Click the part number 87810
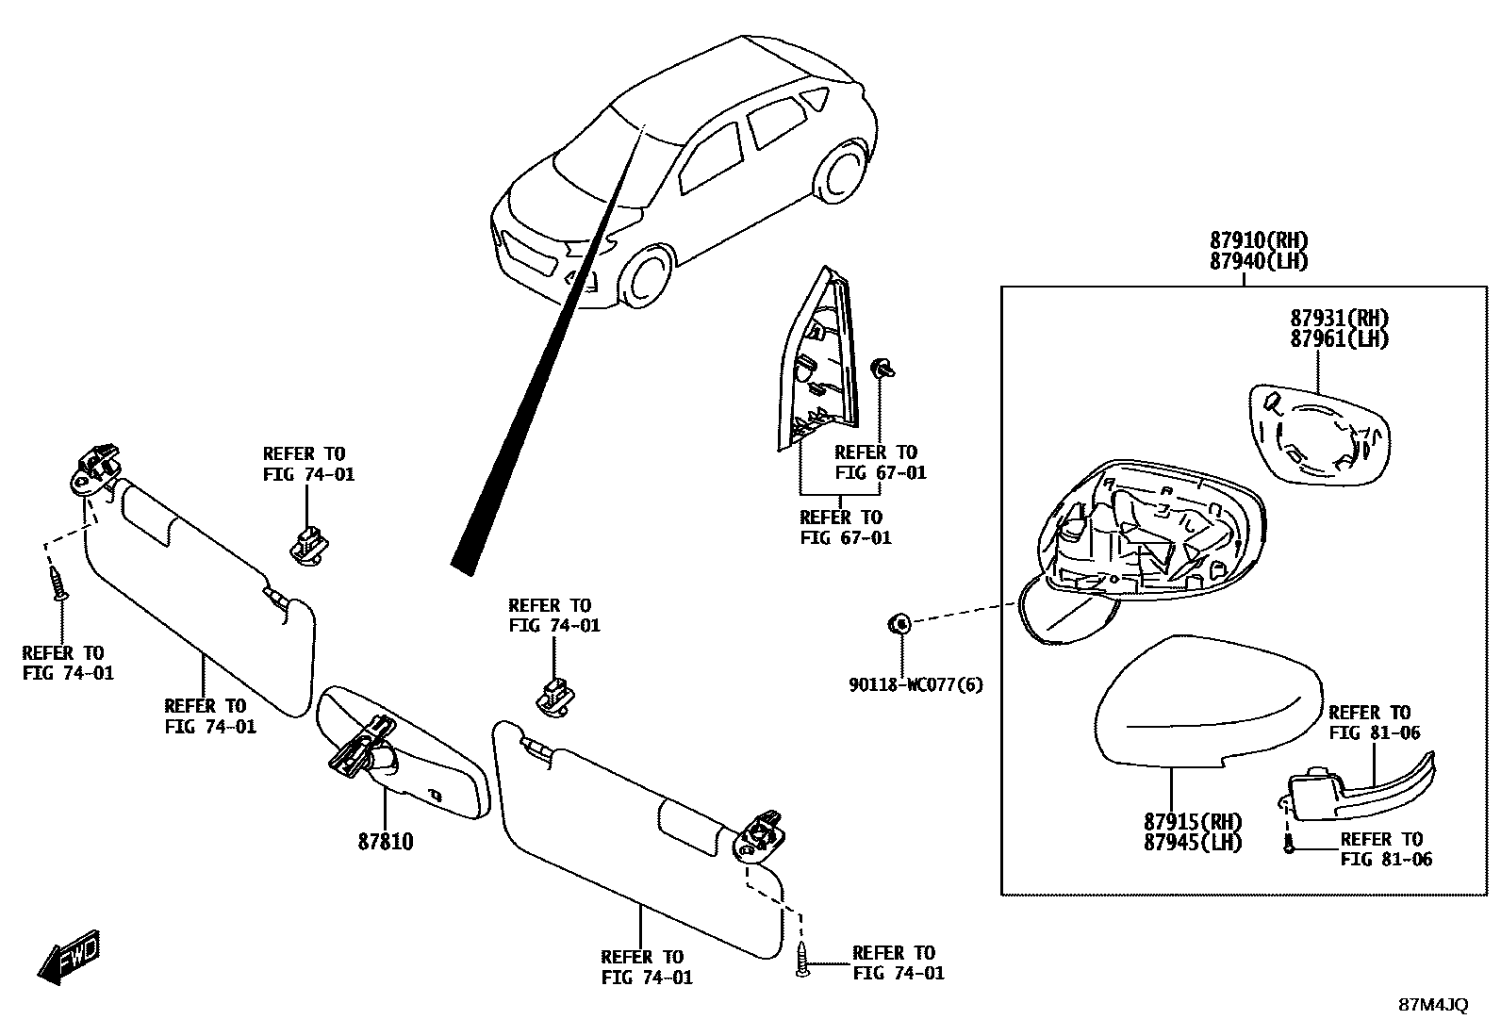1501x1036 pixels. pyautogui.click(x=385, y=841)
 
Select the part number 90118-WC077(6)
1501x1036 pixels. pyautogui.click(x=914, y=684)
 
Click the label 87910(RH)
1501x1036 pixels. pyautogui.click(x=1260, y=240)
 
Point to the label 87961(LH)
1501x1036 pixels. pyautogui.click(x=1339, y=339)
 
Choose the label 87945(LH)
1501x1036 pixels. pyautogui.click(x=1193, y=843)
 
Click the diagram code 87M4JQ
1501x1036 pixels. pyautogui.click(x=1432, y=1006)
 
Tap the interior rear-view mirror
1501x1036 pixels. pyautogui.click(x=405, y=754)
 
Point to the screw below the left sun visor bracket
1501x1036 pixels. pyautogui.click(x=59, y=584)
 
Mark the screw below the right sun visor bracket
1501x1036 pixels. pyautogui.click(x=802, y=960)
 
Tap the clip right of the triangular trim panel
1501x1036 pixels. pyautogui.click(x=884, y=367)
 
